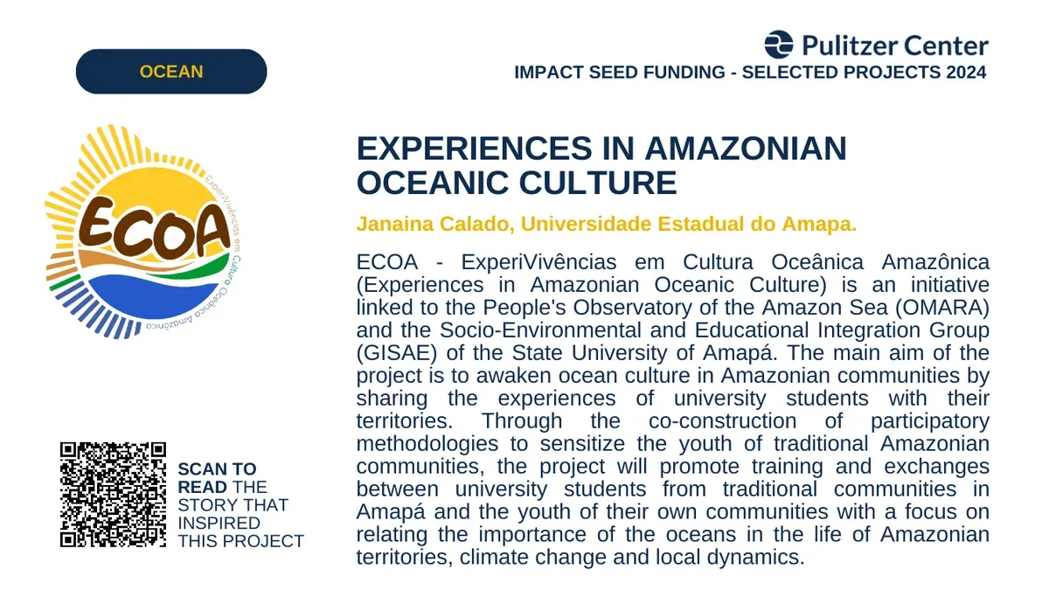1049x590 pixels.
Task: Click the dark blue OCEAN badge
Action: pos(171,72)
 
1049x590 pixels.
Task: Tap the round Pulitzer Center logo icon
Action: pos(778,45)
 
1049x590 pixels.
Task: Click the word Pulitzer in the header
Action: pos(850,45)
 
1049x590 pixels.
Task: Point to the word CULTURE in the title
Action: pos(598,183)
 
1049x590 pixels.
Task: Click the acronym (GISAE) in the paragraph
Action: pos(397,353)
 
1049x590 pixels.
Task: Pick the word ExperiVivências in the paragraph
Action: pos(538,262)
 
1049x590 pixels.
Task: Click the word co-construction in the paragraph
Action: pos(723,421)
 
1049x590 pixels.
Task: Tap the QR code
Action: pos(113,495)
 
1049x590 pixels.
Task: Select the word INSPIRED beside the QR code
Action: pos(219,523)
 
